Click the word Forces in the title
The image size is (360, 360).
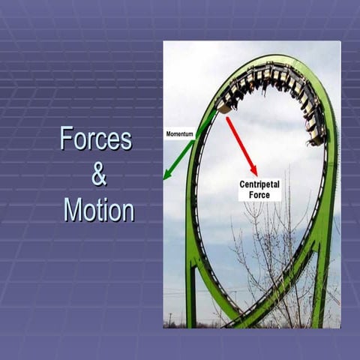(95, 139)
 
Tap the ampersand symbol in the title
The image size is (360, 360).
(99, 175)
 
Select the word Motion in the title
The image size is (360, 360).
(99, 209)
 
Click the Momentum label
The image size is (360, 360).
(180, 134)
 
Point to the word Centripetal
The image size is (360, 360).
(260, 184)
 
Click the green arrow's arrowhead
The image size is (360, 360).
(168, 175)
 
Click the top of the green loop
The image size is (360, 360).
(262, 60)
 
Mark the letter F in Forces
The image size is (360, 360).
(66, 139)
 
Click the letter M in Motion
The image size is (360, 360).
(73, 209)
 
